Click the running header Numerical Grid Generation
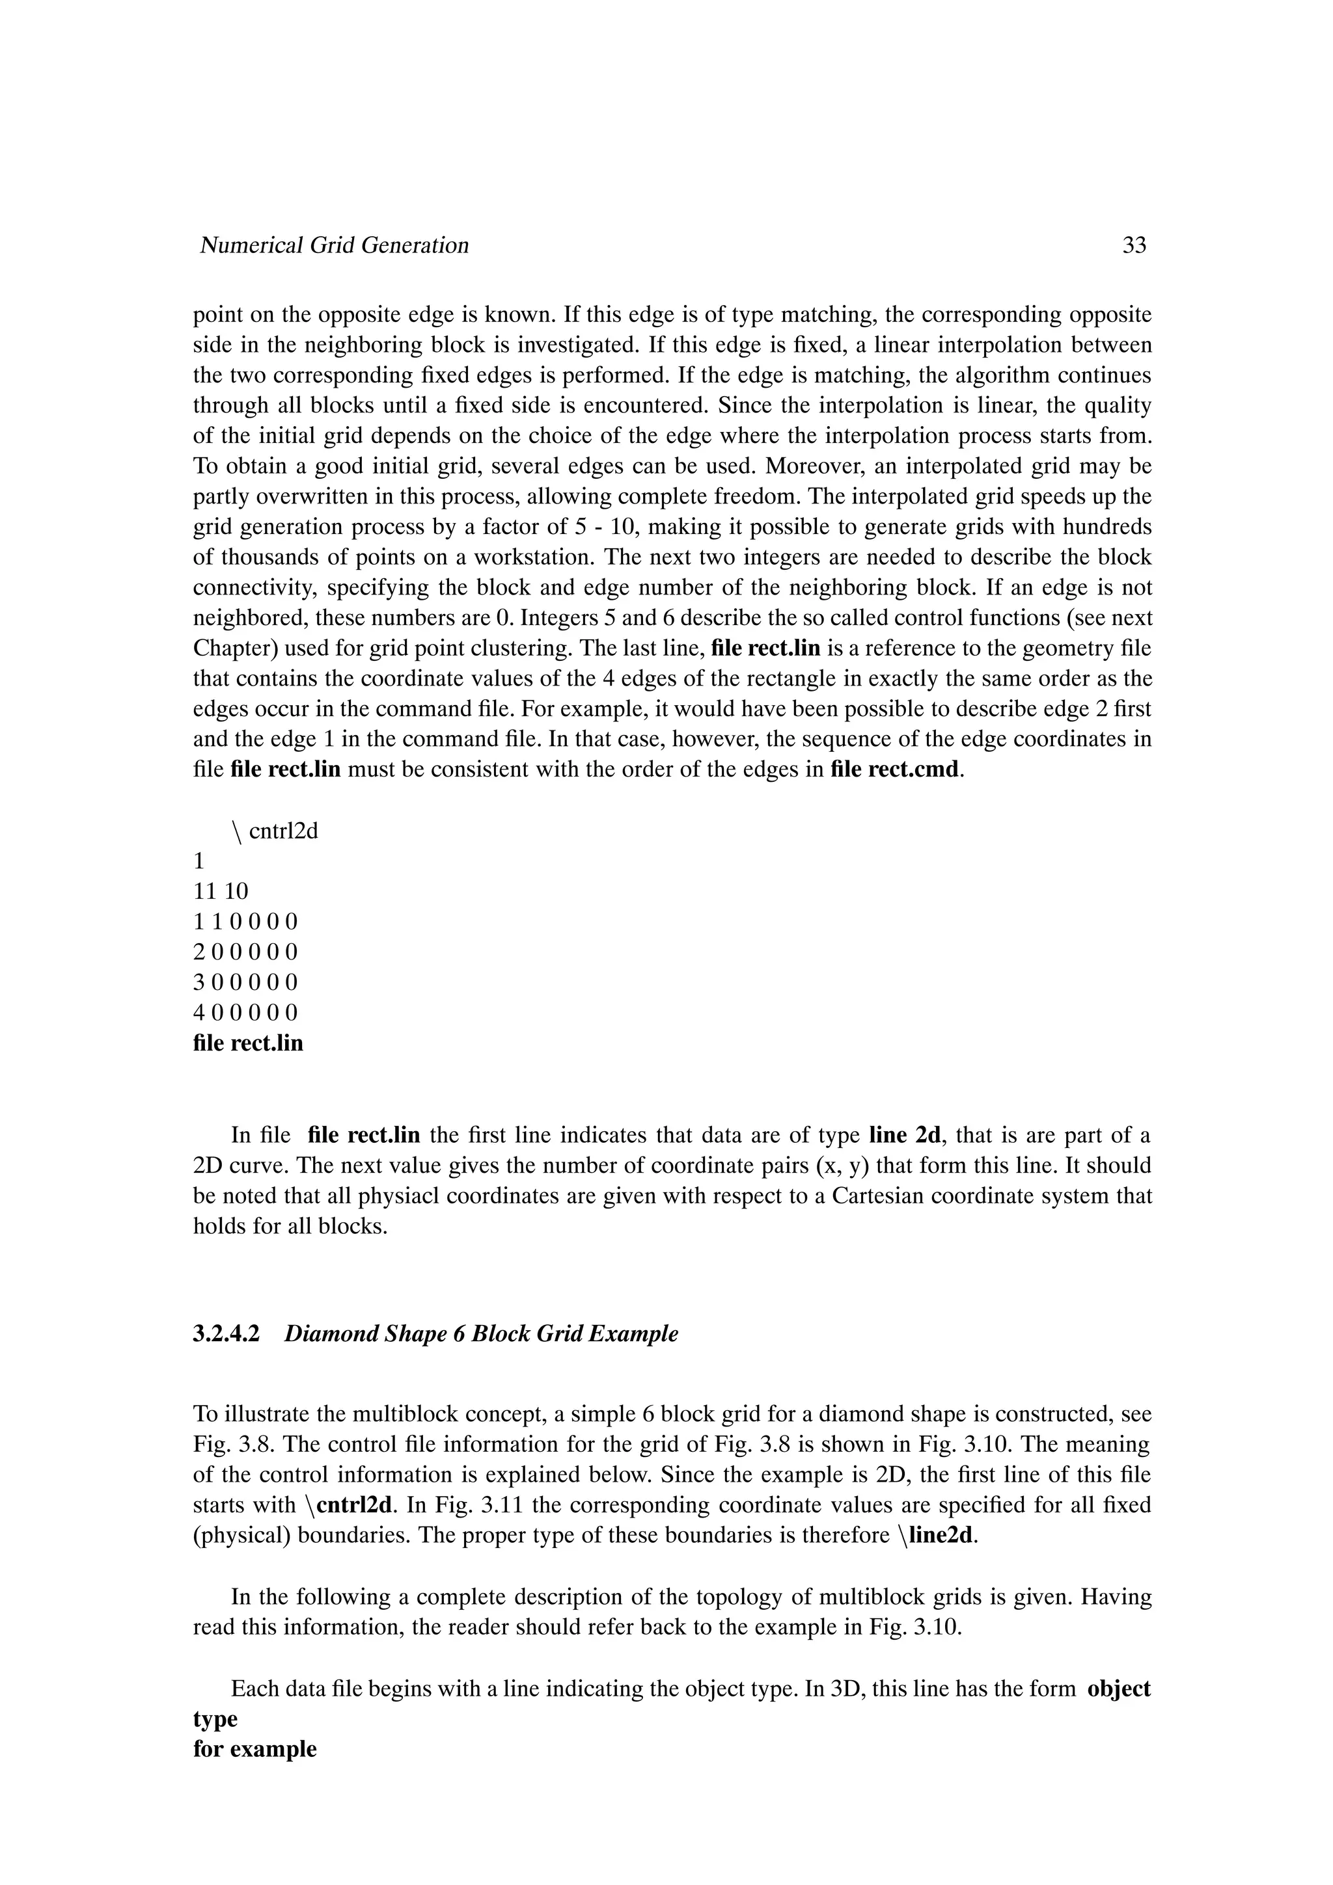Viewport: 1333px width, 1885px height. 335,245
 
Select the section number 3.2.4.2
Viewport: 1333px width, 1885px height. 226,1334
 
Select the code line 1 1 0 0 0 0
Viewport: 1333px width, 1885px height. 245,922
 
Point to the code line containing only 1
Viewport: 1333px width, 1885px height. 198,861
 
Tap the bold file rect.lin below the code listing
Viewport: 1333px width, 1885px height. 248,1043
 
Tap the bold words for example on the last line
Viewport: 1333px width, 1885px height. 254,1750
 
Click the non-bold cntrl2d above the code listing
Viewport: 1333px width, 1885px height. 282,832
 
